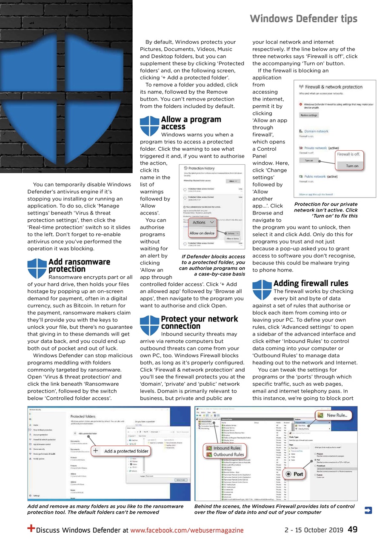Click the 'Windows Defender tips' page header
(x=303, y=19)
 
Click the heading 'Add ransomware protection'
(x=79, y=265)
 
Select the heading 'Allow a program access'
(x=191, y=123)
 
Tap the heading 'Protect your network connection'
(x=199, y=322)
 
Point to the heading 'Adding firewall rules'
(x=311, y=283)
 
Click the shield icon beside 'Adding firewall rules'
(x=262, y=289)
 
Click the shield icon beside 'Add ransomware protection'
(x=37, y=268)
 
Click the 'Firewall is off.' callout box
(x=351, y=159)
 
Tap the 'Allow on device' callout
(x=202, y=233)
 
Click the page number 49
(x=352, y=530)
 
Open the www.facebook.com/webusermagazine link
(x=187, y=530)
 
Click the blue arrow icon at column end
(x=368, y=510)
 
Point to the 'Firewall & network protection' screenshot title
(x=334, y=87)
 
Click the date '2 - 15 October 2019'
(x=314, y=530)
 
